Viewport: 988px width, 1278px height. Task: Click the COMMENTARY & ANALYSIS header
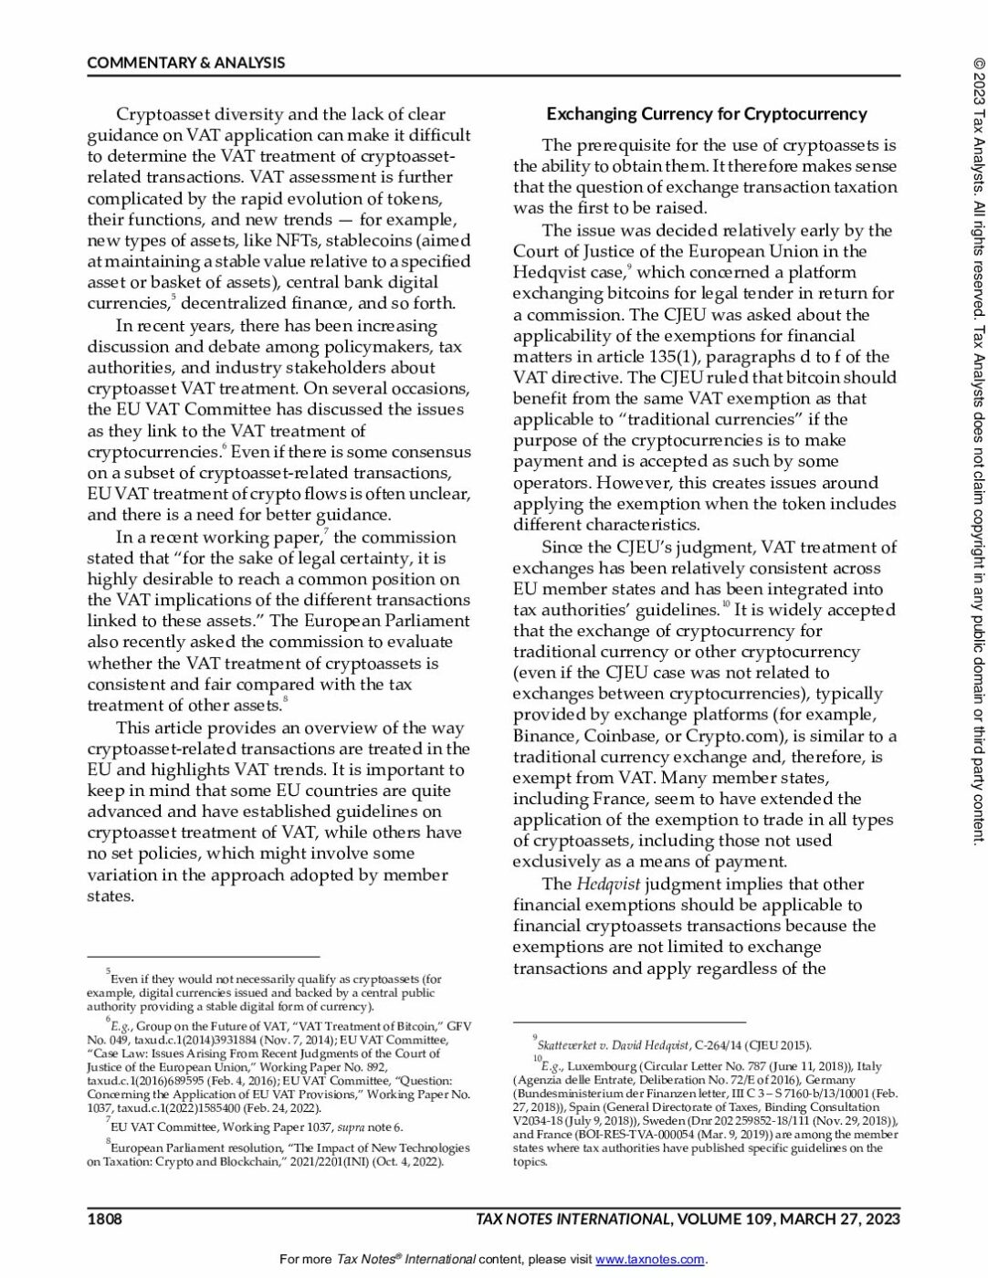[186, 63]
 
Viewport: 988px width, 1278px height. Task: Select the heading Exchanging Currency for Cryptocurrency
[706, 114]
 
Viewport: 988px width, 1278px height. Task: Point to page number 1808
[104, 1219]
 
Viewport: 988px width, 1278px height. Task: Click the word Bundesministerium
[572, 1094]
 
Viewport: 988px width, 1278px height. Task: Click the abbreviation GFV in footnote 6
[455, 1026]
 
